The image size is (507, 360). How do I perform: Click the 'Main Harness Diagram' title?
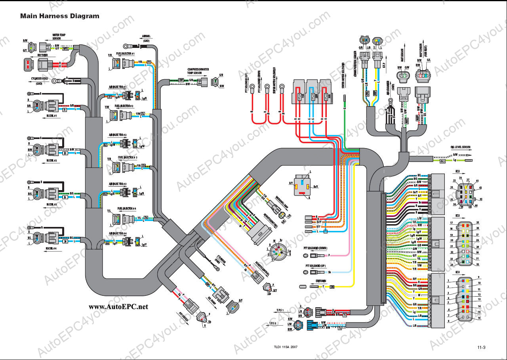[x=60, y=16]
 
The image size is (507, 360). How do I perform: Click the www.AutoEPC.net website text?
[x=118, y=306]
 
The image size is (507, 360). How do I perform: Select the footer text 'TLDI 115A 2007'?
[x=285, y=347]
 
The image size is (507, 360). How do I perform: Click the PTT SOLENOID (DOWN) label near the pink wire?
[x=315, y=248]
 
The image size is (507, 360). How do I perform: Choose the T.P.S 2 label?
[x=280, y=323]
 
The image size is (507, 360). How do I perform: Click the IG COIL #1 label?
[x=52, y=116]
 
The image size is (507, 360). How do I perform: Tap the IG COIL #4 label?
[x=51, y=248]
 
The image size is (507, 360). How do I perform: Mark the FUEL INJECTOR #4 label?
[x=127, y=208]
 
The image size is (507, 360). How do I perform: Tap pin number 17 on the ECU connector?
[x=451, y=223]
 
